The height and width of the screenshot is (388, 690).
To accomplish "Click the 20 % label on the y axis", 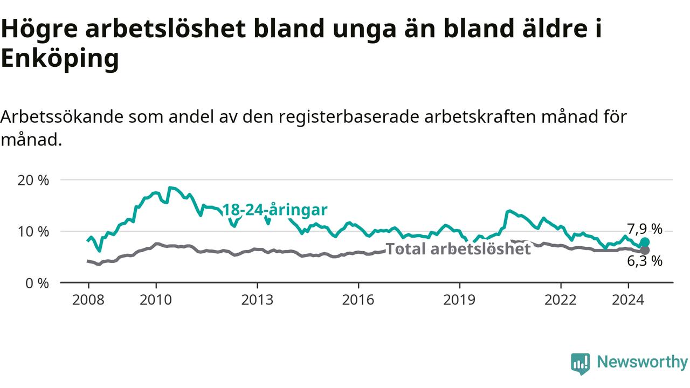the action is [33, 181].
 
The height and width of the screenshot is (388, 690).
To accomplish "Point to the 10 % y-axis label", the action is [33, 232].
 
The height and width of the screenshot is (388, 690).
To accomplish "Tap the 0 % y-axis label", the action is [37, 283].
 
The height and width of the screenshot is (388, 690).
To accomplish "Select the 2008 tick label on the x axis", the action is [88, 300].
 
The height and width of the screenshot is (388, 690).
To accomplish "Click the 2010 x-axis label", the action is [156, 300].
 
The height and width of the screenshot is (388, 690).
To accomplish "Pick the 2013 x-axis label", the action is [257, 300].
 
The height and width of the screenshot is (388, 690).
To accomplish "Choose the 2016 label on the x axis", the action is [358, 300].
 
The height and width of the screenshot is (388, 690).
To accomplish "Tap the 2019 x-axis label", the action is [459, 300].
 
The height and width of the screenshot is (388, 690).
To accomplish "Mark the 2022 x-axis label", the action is [560, 300].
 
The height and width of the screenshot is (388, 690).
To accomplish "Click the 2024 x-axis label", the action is [628, 300].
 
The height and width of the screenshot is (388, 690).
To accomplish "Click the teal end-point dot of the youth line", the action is [645, 242].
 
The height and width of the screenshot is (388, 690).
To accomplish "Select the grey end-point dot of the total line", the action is [645, 251].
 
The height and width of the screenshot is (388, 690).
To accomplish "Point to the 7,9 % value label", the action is [645, 230].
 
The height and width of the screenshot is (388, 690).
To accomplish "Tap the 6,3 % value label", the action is [645, 261].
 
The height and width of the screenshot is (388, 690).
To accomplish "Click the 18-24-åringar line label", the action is [275, 210].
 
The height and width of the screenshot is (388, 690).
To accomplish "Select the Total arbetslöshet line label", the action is [458, 249].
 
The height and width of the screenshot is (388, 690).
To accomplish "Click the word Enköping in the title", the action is [60, 59].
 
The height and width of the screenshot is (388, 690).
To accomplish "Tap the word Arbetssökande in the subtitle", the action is [61, 117].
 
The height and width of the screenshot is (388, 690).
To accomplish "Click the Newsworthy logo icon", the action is [581, 364].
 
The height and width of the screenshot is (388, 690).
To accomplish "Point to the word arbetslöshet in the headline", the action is [165, 29].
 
